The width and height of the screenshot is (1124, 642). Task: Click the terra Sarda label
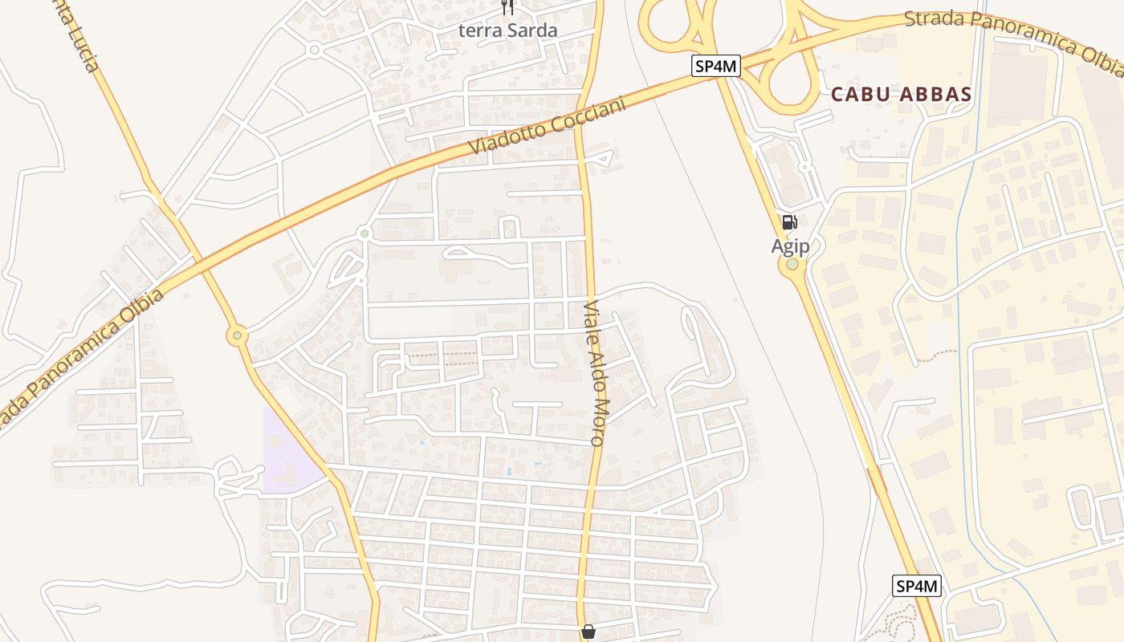tap(507, 30)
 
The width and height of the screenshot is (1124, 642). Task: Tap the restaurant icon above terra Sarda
tap(507, 7)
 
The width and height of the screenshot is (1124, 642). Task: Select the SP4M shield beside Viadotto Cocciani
tap(715, 66)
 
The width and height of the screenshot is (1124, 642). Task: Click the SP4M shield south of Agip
tap(916, 586)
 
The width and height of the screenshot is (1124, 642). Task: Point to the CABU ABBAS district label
tap(901, 94)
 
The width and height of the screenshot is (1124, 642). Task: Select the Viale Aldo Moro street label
tap(595, 373)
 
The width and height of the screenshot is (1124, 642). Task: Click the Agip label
tap(790, 246)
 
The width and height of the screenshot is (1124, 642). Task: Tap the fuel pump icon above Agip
tap(789, 222)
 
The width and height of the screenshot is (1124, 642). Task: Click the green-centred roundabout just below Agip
tap(792, 265)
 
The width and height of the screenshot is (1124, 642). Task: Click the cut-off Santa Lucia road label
tap(81, 36)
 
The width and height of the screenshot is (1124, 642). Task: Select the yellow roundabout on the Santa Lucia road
tap(236, 335)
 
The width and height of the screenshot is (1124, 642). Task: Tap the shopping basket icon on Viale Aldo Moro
tap(588, 632)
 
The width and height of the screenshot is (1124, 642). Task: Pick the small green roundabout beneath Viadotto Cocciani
tap(365, 234)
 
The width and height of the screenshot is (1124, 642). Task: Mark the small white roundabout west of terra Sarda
tap(314, 50)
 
